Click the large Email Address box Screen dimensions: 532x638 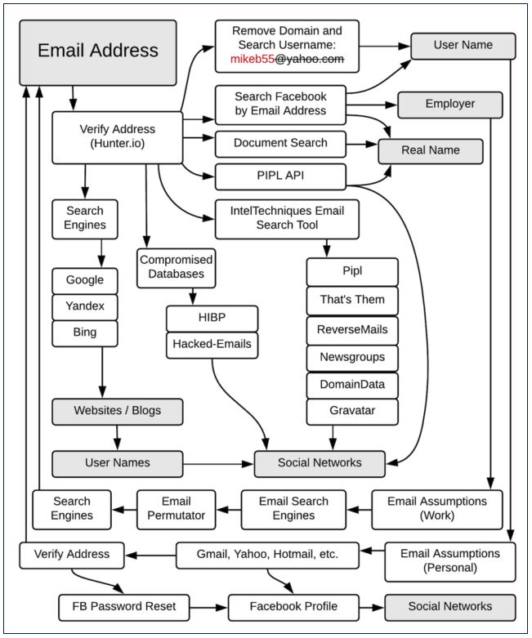[98, 53]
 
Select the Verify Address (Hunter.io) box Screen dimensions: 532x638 [117, 137]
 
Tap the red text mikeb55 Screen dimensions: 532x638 [253, 59]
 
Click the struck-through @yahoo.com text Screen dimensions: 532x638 [310, 59]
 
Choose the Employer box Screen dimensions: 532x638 [449, 105]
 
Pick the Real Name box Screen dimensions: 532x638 [431, 151]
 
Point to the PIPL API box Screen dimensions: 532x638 [280, 176]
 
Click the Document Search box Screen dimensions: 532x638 [280, 144]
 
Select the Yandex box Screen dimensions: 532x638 [85, 307]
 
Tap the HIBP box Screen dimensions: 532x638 [212, 319]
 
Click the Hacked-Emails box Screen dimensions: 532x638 [212, 345]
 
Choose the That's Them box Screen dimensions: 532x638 [352, 301]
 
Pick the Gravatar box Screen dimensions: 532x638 [352, 412]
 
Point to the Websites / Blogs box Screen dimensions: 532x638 [117, 412]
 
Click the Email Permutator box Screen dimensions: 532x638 [177, 510]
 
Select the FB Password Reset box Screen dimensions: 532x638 [123, 608]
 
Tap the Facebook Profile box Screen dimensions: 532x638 [293, 608]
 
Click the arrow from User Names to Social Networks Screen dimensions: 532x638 [218, 464]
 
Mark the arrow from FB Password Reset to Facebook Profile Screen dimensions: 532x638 [209, 608]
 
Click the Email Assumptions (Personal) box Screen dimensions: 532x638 [449, 562]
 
